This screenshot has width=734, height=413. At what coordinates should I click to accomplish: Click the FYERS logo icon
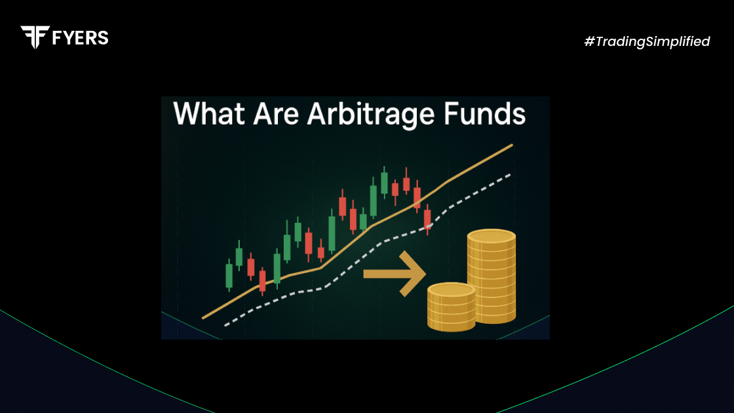coord(35,37)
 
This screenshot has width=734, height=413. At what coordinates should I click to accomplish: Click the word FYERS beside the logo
coord(81,38)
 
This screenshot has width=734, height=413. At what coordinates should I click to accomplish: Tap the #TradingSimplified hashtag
coord(647,42)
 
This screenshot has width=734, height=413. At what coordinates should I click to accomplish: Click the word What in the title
coord(209,114)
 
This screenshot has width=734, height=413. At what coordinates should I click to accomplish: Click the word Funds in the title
coord(484,114)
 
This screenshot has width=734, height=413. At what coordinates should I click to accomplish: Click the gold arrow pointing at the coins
coord(395,274)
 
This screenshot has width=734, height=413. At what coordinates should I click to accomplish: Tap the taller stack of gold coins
coord(492,276)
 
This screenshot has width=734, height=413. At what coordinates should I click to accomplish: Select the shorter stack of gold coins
coord(452,307)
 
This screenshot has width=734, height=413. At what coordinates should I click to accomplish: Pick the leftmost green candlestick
coord(229,275)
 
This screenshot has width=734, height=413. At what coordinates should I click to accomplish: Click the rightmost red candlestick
coord(427,219)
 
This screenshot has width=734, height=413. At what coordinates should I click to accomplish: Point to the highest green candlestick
coord(384,182)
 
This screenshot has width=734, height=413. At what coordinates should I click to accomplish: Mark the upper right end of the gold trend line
coord(512,145)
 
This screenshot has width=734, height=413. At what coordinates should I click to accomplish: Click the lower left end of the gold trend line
coord(203,318)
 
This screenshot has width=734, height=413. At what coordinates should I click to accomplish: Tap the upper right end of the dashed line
coord(509,175)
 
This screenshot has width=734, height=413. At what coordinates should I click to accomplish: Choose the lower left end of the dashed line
coord(226,325)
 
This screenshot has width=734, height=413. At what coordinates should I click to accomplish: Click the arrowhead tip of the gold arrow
coord(426,274)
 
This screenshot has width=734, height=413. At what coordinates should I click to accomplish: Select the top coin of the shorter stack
coord(452,290)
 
